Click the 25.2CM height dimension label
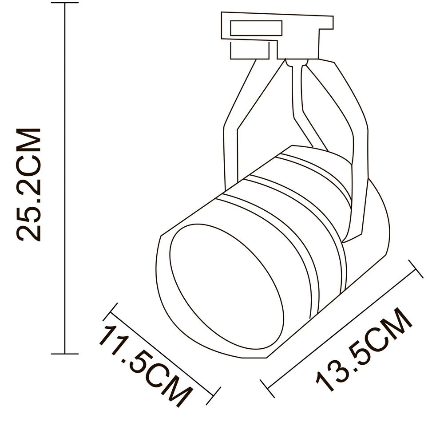[29, 185]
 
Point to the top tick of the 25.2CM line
[65, 3]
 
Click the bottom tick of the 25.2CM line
[65, 354]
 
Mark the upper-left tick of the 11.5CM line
[110, 312]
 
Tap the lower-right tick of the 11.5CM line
[213, 396]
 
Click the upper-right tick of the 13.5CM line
[416, 269]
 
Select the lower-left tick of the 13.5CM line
[267, 388]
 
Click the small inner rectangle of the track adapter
[256, 28]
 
